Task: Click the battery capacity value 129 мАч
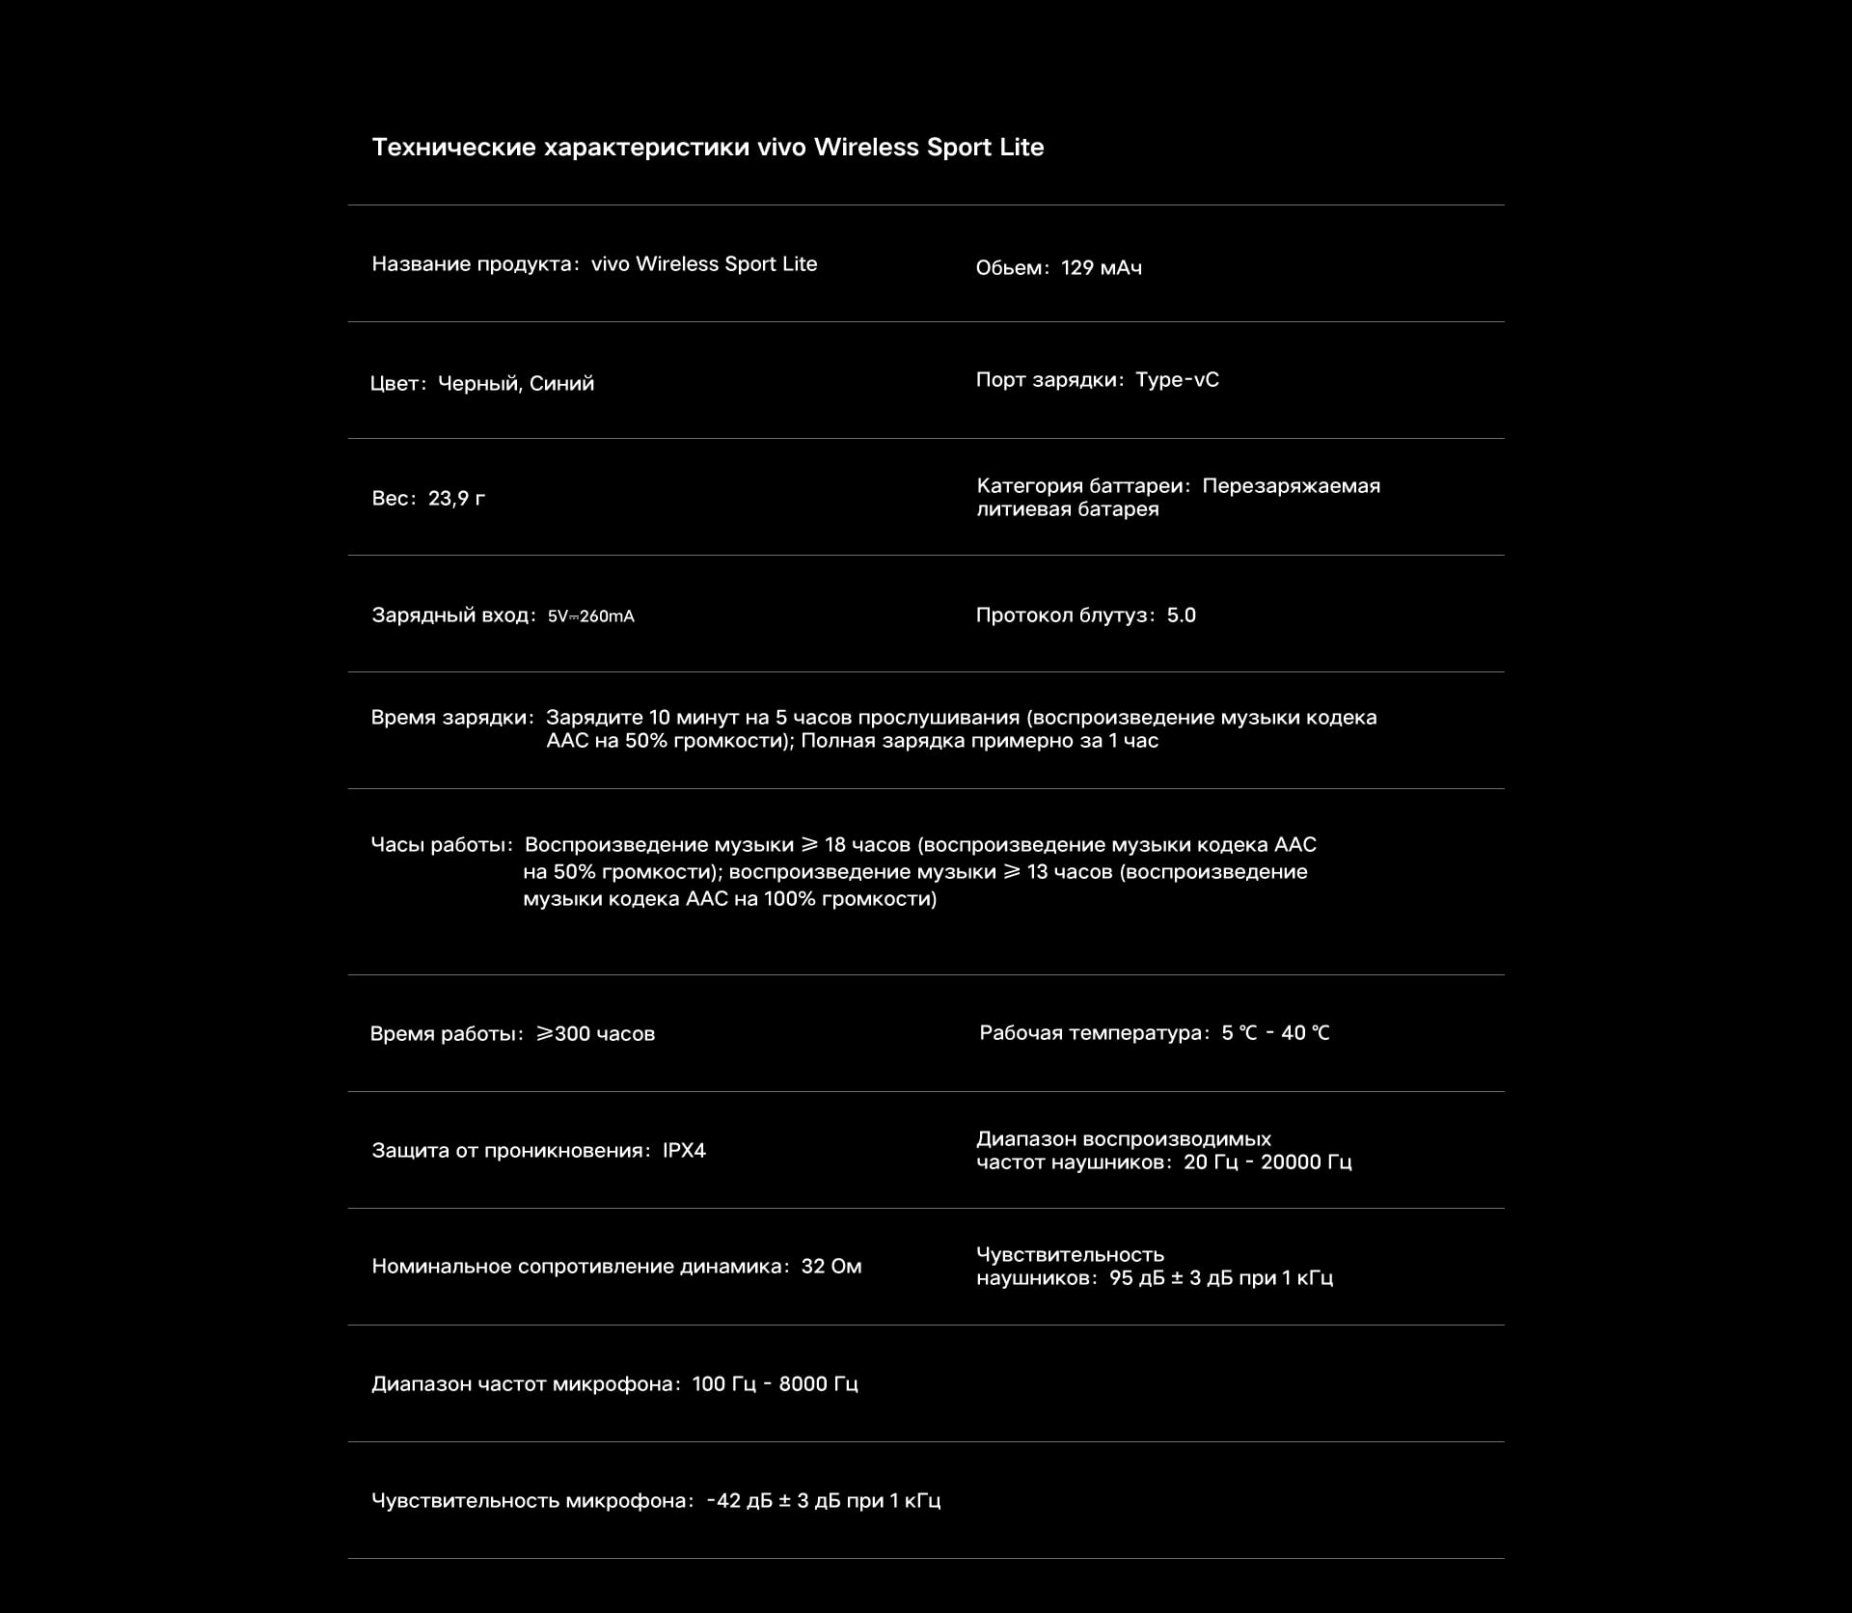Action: tap(1101, 268)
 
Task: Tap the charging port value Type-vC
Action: tap(1177, 380)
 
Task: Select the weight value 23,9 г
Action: tap(456, 499)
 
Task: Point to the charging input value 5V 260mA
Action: tap(590, 616)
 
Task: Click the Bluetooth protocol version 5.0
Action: tap(1181, 615)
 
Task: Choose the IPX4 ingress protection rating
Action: tap(684, 1151)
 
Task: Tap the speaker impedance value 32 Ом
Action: tap(831, 1267)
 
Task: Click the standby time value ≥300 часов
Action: tap(596, 1034)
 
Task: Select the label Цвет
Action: tap(395, 384)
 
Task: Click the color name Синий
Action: tap(561, 384)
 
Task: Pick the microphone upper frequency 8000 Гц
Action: tap(818, 1384)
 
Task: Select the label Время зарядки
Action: tap(449, 718)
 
